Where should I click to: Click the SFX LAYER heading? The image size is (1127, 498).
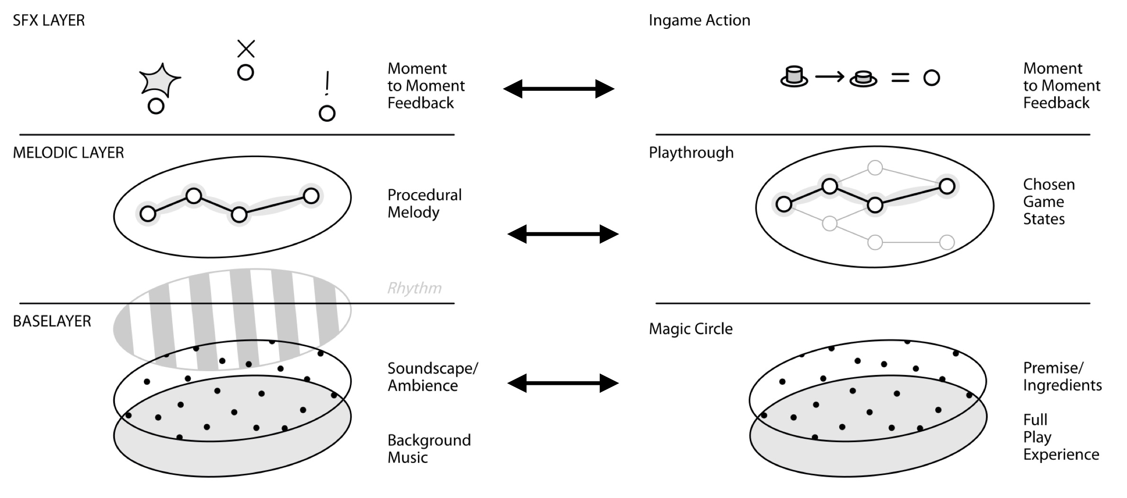49,20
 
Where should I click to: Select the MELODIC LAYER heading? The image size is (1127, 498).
68,152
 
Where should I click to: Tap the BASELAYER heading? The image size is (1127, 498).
52,321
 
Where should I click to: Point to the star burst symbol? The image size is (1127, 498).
160,80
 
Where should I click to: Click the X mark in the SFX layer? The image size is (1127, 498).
246,49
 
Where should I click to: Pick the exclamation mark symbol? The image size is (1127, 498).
327,83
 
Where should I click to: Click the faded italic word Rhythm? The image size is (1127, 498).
415,288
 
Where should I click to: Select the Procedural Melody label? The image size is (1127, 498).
425,204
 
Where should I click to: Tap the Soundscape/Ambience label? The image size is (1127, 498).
433,377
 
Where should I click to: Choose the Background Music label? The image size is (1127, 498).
429,449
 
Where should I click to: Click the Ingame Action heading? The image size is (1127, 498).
700,20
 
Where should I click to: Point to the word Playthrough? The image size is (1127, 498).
691,152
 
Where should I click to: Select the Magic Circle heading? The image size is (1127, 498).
691,329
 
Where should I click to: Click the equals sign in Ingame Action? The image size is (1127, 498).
900,78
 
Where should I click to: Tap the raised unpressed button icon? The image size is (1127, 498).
794,76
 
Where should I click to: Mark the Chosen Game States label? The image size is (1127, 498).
1049,202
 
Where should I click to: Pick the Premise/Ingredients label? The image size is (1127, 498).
1062,376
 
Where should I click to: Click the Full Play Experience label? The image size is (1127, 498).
1061,437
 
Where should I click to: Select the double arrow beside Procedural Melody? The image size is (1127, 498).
563,234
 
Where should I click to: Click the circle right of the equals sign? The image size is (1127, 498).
931,78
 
